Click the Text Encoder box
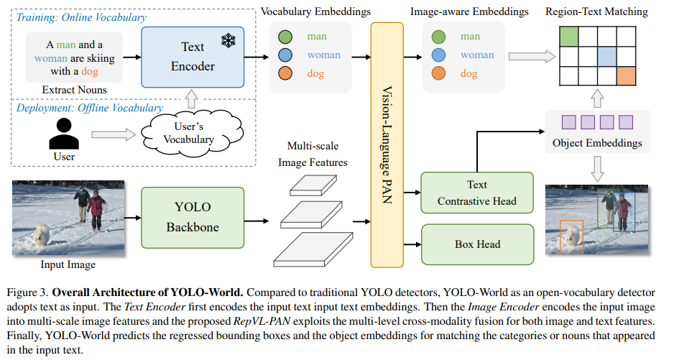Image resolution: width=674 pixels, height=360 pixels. tap(193, 57)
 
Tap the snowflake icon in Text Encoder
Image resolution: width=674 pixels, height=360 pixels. tap(228, 41)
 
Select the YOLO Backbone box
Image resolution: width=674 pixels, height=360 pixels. tap(193, 218)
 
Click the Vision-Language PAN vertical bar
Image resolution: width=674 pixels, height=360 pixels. tap(387, 145)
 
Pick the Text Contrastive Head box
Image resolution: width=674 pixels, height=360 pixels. tap(477, 193)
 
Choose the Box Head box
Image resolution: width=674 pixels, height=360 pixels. tap(478, 244)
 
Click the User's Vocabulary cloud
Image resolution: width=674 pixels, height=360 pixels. tap(192, 132)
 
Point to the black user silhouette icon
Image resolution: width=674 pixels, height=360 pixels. tap(64, 134)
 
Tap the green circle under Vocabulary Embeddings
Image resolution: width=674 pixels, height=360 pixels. tap(285, 37)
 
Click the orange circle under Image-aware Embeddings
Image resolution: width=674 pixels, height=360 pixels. tap(438, 73)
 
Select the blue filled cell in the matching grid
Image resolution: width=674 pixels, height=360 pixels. tap(607, 56)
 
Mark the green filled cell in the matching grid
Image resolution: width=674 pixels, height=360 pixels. tap(568, 37)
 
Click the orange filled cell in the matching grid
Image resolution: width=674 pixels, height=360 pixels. tap(626, 75)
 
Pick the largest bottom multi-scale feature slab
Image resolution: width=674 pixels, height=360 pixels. tap(313, 249)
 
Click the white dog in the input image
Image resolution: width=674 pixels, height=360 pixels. tap(42, 234)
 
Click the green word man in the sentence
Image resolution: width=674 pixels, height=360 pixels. tap(66, 45)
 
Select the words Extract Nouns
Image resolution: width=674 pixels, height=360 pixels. tap(74, 90)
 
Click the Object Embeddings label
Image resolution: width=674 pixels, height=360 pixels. tap(597, 143)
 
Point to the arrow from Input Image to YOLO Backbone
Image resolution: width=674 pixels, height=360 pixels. tap(133, 218)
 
